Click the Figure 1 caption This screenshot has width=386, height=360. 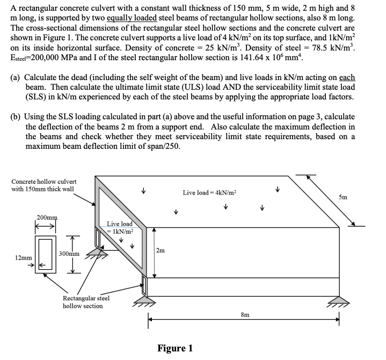[174, 348]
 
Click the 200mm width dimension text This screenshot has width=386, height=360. [46, 217]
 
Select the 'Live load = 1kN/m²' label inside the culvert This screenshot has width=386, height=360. [119, 227]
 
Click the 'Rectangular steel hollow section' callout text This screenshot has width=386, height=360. [86, 301]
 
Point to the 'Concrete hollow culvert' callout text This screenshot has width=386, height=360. [44, 185]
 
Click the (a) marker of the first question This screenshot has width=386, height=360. [16, 78]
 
